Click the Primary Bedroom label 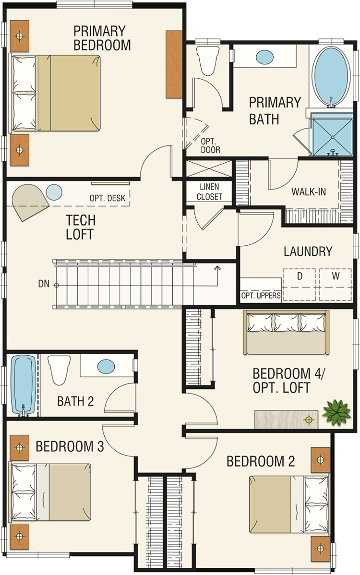[x=102, y=38]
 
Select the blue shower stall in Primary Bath [x=332, y=134]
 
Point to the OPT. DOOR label [x=210, y=145]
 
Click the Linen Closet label [x=209, y=192]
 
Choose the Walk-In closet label [x=308, y=192]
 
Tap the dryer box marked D [x=300, y=285]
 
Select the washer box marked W [x=335, y=285]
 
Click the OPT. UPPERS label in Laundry [x=261, y=296]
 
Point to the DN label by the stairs [x=44, y=284]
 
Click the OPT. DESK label [x=108, y=198]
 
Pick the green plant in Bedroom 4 [x=336, y=413]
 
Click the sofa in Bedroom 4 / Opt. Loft [x=286, y=333]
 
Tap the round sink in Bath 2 [x=106, y=366]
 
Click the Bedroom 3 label [x=70, y=446]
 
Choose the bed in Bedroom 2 [x=289, y=504]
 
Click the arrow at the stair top [x=218, y=276]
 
